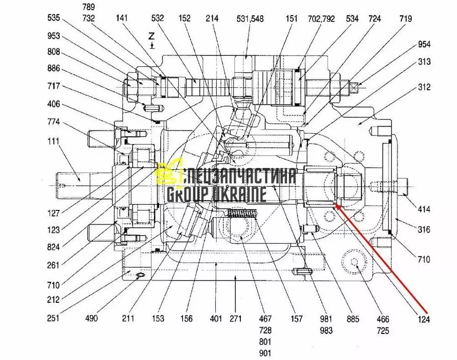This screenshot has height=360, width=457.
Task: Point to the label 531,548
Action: tap(250, 19)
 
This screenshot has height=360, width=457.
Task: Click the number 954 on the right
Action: tap(424, 44)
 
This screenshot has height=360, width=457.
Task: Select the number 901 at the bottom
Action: tap(265, 353)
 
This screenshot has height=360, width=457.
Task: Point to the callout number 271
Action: tap(235, 318)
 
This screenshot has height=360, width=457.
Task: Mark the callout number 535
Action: tap(54, 19)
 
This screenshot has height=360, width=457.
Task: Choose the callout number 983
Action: tap(326, 330)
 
